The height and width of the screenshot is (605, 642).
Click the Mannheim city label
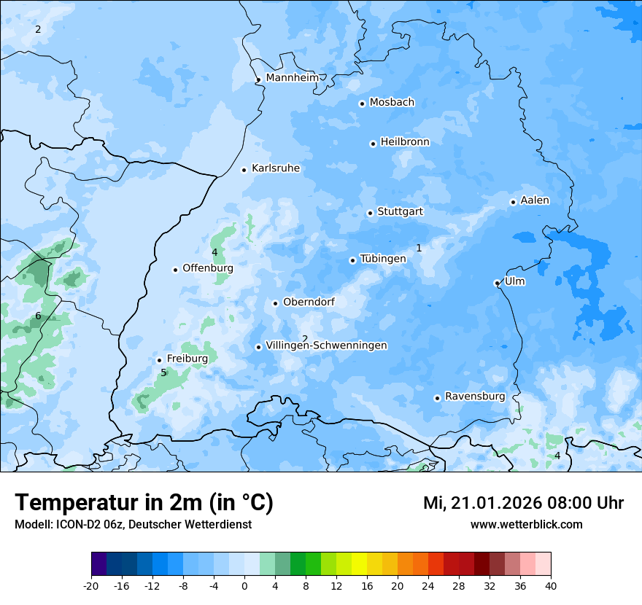click(x=293, y=78)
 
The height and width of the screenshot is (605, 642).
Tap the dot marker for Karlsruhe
click(x=244, y=170)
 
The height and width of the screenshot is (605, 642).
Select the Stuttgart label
click(x=400, y=212)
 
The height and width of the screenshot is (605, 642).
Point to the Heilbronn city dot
click(x=373, y=144)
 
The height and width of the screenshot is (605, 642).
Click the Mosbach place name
click(x=392, y=103)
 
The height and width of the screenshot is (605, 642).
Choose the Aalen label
click(x=535, y=200)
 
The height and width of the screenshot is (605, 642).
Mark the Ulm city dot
click(x=497, y=283)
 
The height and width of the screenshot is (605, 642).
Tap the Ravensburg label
click(x=475, y=397)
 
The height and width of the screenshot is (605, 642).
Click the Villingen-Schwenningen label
click(x=326, y=346)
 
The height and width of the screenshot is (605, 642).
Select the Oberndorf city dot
click(x=275, y=303)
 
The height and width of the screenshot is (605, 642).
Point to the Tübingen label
click(x=383, y=259)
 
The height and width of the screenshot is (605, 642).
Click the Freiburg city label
click(x=187, y=359)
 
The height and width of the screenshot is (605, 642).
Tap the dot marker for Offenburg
click(x=175, y=270)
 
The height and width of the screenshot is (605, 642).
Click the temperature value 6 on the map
click(x=38, y=316)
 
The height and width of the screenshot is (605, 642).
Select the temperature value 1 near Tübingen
click(x=419, y=249)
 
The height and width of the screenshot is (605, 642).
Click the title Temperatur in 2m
click(x=144, y=503)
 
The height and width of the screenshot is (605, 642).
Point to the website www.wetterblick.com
click(x=526, y=525)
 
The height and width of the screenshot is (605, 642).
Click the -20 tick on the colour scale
click(x=91, y=586)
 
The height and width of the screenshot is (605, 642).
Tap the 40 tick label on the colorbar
click(x=550, y=586)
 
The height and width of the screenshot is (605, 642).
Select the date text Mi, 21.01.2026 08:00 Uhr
click(x=523, y=503)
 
